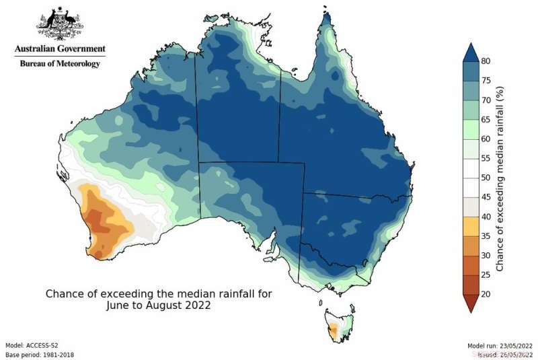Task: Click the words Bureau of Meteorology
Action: pyautogui.click(x=60, y=64)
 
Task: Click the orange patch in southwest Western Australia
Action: pyautogui.click(x=102, y=221)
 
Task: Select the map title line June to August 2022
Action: pyautogui.click(x=159, y=304)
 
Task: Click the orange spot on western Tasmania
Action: pyautogui.click(x=332, y=329)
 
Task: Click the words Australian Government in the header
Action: pyautogui.click(x=60, y=48)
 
